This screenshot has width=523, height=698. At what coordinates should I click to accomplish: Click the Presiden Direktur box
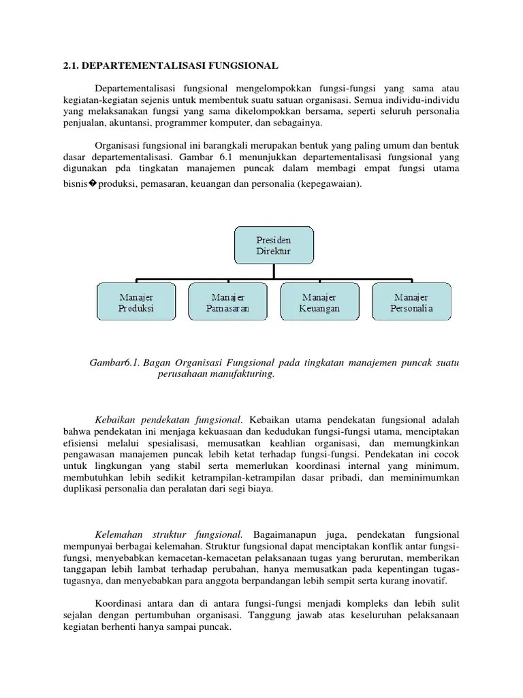click(x=274, y=246)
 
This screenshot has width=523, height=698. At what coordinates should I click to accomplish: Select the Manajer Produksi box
click(x=136, y=303)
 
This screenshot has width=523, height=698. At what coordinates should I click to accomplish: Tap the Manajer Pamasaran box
click(x=227, y=303)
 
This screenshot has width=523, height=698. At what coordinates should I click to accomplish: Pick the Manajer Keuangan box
click(x=319, y=303)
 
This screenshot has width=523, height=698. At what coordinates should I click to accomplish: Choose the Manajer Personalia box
click(x=411, y=303)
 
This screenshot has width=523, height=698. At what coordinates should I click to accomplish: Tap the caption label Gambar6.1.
click(x=112, y=363)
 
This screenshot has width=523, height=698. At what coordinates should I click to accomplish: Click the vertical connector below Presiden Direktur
click(x=274, y=271)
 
